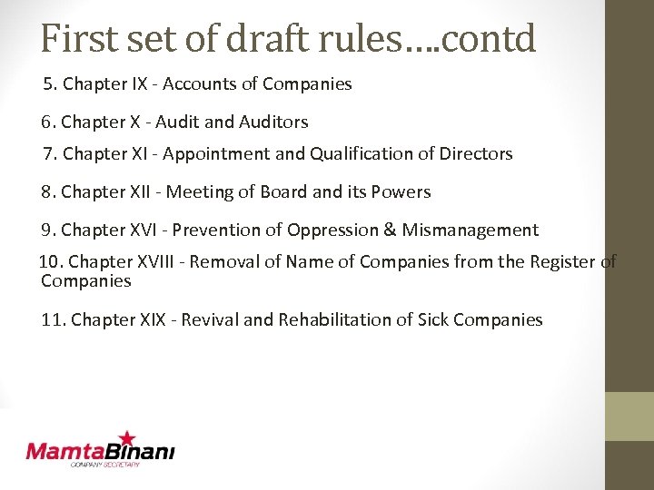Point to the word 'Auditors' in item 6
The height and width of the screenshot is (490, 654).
tap(273, 122)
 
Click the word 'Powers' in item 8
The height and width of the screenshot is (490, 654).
tap(401, 192)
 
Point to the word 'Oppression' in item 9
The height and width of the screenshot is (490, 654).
tap(335, 230)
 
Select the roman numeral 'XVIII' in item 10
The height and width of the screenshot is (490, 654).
tap(158, 262)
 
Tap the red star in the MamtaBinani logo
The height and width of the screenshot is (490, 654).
tap(127, 439)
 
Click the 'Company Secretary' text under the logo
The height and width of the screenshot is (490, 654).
tap(105, 465)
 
